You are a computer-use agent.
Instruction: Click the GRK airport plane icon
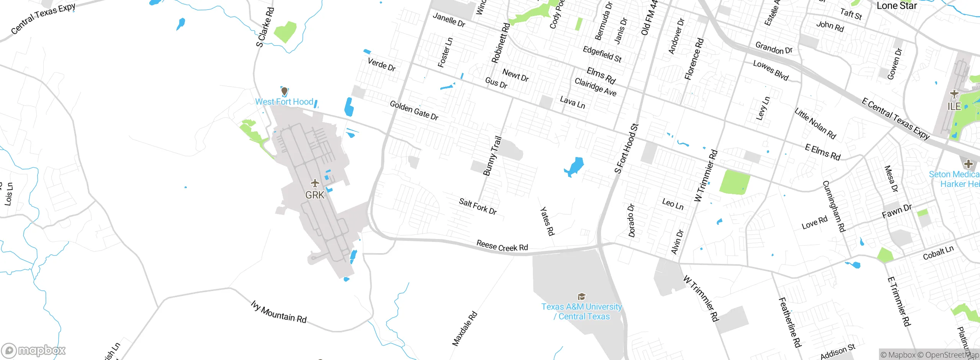click(x=315, y=183)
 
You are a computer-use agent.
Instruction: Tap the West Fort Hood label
click(x=284, y=102)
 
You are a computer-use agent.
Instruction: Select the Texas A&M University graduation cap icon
click(x=581, y=297)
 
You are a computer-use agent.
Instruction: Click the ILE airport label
click(x=954, y=106)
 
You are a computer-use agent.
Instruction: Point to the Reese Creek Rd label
click(x=502, y=246)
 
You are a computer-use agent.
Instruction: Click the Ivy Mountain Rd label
click(x=279, y=312)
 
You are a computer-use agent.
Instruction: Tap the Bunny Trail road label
click(x=492, y=156)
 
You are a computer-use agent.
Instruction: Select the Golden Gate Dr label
click(x=414, y=111)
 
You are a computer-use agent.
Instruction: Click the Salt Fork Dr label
click(x=478, y=206)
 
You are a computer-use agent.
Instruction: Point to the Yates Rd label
click(x=547, y=221)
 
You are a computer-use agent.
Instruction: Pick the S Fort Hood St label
click(x=626, y=149)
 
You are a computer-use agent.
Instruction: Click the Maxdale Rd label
click(x=465, y=329)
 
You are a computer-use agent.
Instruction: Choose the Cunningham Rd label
click(x=834, y=206)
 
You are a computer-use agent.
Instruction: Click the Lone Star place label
click(x=897, y=6)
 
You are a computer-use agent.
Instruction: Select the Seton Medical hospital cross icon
click(x=969, y=164)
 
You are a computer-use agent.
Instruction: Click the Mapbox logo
click(x=34, y=350)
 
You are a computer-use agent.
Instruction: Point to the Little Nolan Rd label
click(x=815, y=123)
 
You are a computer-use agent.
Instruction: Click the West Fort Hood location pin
click(x=284, y=92)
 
